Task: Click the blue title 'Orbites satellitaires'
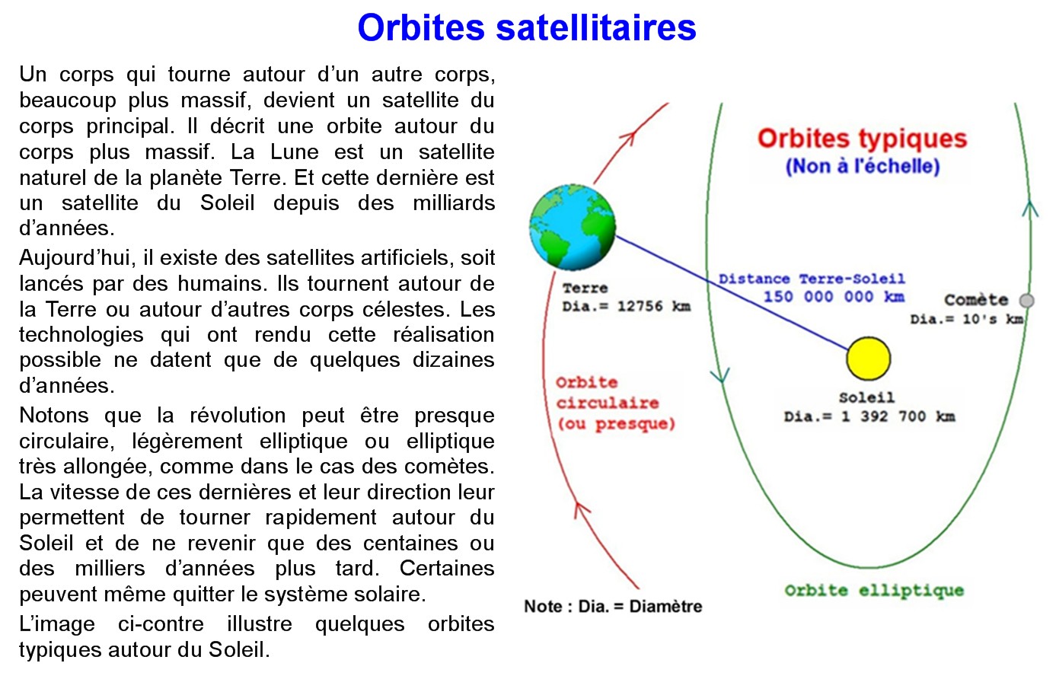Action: pyautogui.click(x=527, y=27)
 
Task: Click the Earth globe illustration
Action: pyautogui.click(x=573, y=227)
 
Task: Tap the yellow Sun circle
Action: pyautogui.click(x=869, y=359)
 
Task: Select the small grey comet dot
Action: pyautogui.click(x=1027, y=300)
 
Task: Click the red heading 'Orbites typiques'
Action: pyautogui.click(x=863, y=139)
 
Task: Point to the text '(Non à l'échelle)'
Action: pyautogui.click(x=863, y=166)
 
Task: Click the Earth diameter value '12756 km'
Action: pyautogui.click(x=654, y=307)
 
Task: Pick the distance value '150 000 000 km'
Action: pyautogui.click(x=834, y=297)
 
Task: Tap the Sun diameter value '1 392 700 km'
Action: pyautogui.click(x=898, y=416)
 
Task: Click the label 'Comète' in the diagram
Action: pyautogui.click(x=976, y=300)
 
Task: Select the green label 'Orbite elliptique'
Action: pyautogui.click(x=874, y=591)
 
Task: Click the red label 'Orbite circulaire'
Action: pyautogui.click(x=608, y=393)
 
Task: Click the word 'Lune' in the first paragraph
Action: pyautogui.click(x=293, y=151)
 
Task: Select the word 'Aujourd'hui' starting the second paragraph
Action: pyautogui.click(x=75, y=258)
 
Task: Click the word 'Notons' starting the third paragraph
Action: pyautogui.click(x=54, y=416)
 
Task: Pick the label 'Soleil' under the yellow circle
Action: pyautogui.click(x=866, y=397)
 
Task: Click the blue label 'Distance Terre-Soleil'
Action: pyautogui.click(x=812, y=279)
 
